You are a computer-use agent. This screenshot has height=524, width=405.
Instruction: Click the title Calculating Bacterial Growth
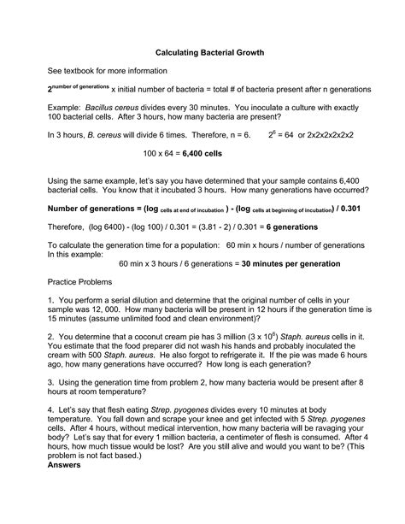[x=203, y=52]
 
